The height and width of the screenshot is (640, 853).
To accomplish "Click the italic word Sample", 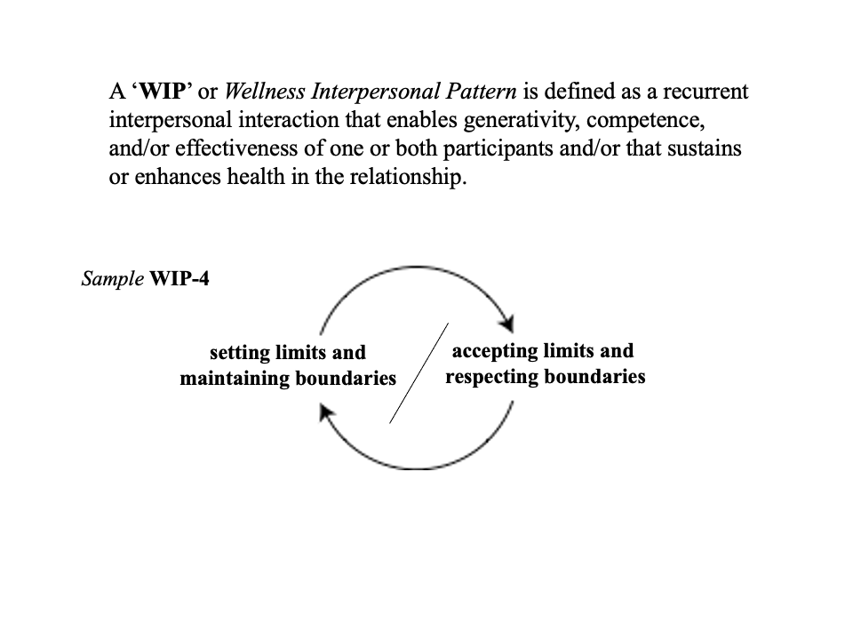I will pos(112,279).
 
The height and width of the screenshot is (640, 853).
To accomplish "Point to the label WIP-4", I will pos(181,279).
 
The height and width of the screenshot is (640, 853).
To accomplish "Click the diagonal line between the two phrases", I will pos(419,373).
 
